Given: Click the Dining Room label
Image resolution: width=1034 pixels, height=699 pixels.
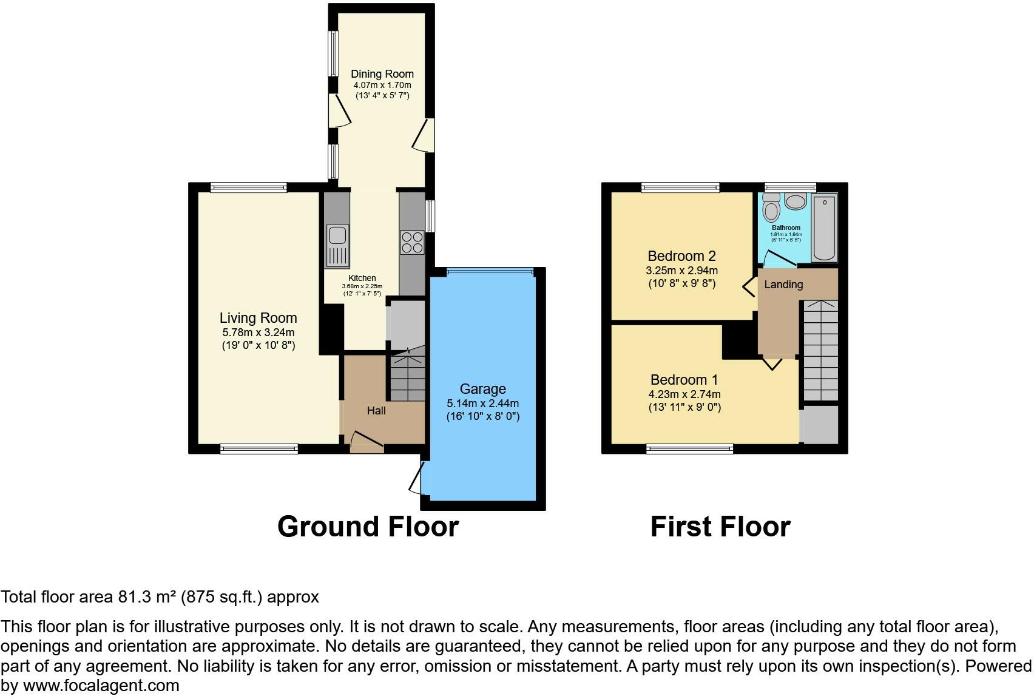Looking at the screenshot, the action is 382,74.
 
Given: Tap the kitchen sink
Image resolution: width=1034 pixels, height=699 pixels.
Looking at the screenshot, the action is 337,246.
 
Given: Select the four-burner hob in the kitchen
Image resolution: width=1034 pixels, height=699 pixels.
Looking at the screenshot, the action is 412,242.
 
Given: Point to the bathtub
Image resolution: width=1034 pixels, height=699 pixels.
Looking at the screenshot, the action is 825,228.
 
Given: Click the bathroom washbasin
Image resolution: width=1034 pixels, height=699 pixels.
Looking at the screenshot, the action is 796,202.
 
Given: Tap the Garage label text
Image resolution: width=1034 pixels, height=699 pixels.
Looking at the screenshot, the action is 483,389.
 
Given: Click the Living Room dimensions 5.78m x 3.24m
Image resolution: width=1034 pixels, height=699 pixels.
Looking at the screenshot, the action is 258,333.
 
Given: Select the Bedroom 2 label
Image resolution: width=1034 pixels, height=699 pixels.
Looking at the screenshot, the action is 682,256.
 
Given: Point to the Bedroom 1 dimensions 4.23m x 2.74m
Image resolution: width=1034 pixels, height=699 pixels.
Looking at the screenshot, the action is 684,394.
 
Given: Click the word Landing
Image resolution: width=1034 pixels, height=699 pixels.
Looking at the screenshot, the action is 783,285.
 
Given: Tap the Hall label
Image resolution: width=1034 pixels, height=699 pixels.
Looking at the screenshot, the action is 376,410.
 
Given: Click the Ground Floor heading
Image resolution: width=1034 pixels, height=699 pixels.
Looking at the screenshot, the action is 368,526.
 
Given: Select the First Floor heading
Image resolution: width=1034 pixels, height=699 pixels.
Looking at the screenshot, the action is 720,526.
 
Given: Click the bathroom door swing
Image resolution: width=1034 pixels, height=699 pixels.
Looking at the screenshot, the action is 779,258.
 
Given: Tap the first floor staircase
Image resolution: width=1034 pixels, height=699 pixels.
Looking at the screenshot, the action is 821,351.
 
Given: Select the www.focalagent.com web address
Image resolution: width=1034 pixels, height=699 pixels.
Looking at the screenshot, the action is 101,686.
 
